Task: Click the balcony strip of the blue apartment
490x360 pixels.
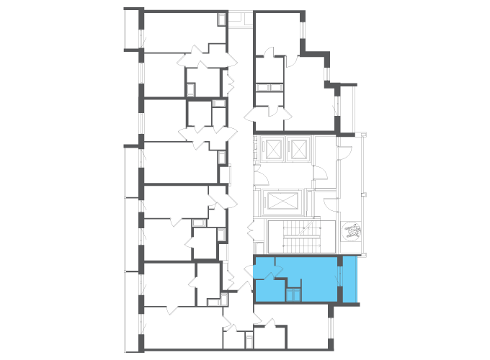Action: point(349,279)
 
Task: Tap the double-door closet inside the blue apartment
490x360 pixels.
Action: point(293,293)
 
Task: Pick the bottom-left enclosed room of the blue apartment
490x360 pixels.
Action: point(269,289)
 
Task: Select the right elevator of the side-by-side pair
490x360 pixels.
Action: point(298,149)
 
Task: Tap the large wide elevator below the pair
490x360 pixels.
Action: point(284,200)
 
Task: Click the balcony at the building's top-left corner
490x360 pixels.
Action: point(133,30)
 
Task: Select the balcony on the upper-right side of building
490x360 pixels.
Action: point(348,108)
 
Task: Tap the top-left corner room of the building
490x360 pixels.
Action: point(180,30)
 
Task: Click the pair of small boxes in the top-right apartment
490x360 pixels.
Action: point(268,87)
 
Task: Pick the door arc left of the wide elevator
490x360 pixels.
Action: point(261,179)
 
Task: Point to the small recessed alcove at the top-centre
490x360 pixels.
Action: point(240,19)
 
